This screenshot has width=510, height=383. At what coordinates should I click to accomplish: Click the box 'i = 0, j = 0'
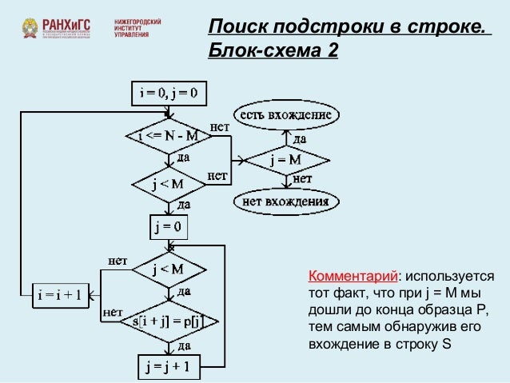(x=169, y=94)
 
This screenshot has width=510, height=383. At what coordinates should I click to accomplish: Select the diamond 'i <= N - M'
(x=169, y=137)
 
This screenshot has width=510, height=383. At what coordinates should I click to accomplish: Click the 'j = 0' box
(x=168, y=227)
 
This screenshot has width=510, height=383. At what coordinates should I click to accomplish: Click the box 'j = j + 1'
(x=168, y=367)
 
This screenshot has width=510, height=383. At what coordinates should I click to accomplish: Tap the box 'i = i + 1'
(x=59, y=294)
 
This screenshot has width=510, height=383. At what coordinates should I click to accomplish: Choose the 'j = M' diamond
(x=285, y=159)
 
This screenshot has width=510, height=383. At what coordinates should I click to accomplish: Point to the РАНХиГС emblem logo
(x=30, y=30)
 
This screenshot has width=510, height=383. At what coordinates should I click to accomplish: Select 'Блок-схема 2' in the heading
(x=272, y=51)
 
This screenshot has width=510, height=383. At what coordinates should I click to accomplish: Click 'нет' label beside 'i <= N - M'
(x=220, y=126)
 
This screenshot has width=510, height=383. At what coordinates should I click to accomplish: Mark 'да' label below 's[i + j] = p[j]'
(x=183, y=345)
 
